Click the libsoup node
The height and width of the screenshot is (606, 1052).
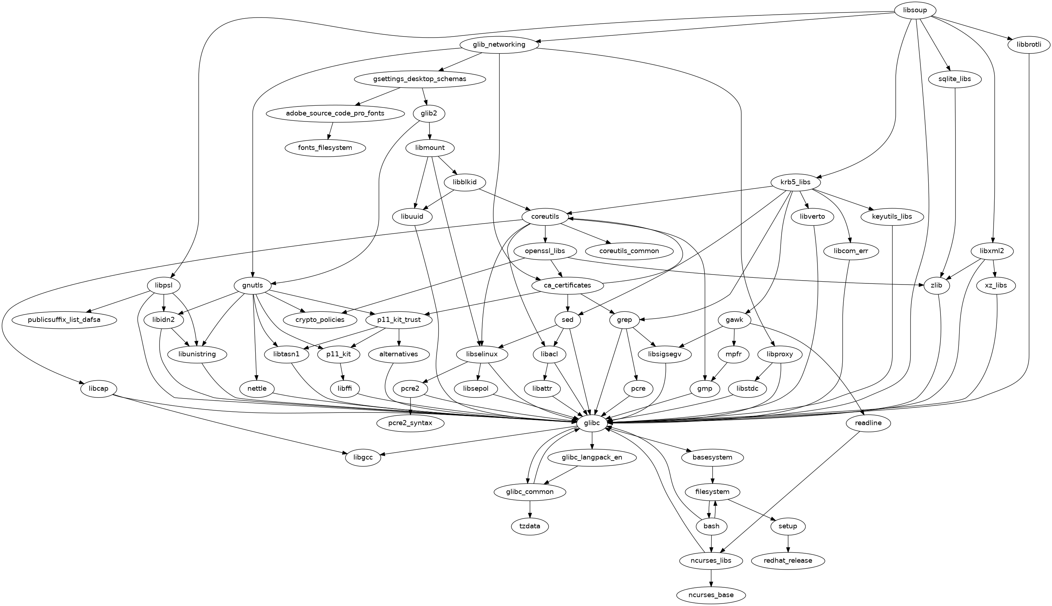click(915, 10)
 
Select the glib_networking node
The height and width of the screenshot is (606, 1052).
click(499, 44)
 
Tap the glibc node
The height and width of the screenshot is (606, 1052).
click(592, 423)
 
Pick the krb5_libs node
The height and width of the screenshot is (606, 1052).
click(796, 182)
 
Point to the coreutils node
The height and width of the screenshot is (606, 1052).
click(545, 217)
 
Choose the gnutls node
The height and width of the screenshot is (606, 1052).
click(253, 286)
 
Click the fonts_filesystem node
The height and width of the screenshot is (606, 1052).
click(326, 148)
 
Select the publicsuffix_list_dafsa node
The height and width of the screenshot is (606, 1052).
click(65, 320)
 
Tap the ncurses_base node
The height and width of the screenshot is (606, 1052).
click(711, 595)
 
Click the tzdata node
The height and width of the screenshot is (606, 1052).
click(530, 526)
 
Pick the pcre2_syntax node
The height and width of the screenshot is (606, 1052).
click(411, 423)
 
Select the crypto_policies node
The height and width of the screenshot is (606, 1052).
click(320, 320)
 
